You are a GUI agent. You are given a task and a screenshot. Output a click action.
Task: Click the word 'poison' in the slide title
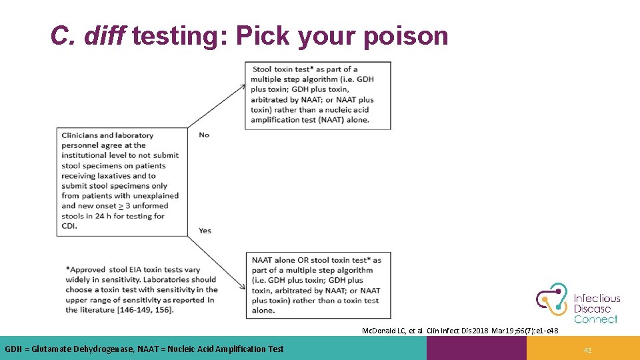pos(405,36)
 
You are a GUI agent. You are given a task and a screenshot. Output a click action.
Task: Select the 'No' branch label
pos(204,135)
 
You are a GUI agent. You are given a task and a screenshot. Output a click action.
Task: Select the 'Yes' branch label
pos(205,231)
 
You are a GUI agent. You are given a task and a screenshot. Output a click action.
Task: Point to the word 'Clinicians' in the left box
pos(82,135)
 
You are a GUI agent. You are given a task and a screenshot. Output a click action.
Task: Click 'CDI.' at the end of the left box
pos(69,226)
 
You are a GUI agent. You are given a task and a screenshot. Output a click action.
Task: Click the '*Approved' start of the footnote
pos(86,269)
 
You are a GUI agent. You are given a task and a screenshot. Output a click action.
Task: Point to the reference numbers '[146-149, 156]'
pos(133,310)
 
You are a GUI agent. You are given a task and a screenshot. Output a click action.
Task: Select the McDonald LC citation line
pos(460,331)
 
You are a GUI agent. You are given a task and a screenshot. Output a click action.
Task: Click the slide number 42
pos(587,349)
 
